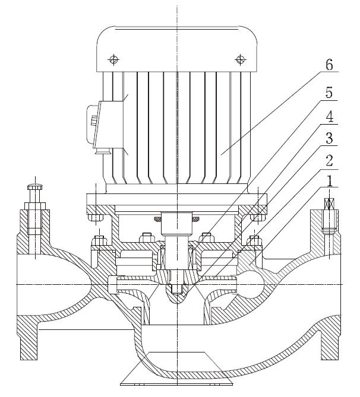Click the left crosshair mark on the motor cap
[113, 59]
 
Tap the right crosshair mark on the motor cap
[240, 59]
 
